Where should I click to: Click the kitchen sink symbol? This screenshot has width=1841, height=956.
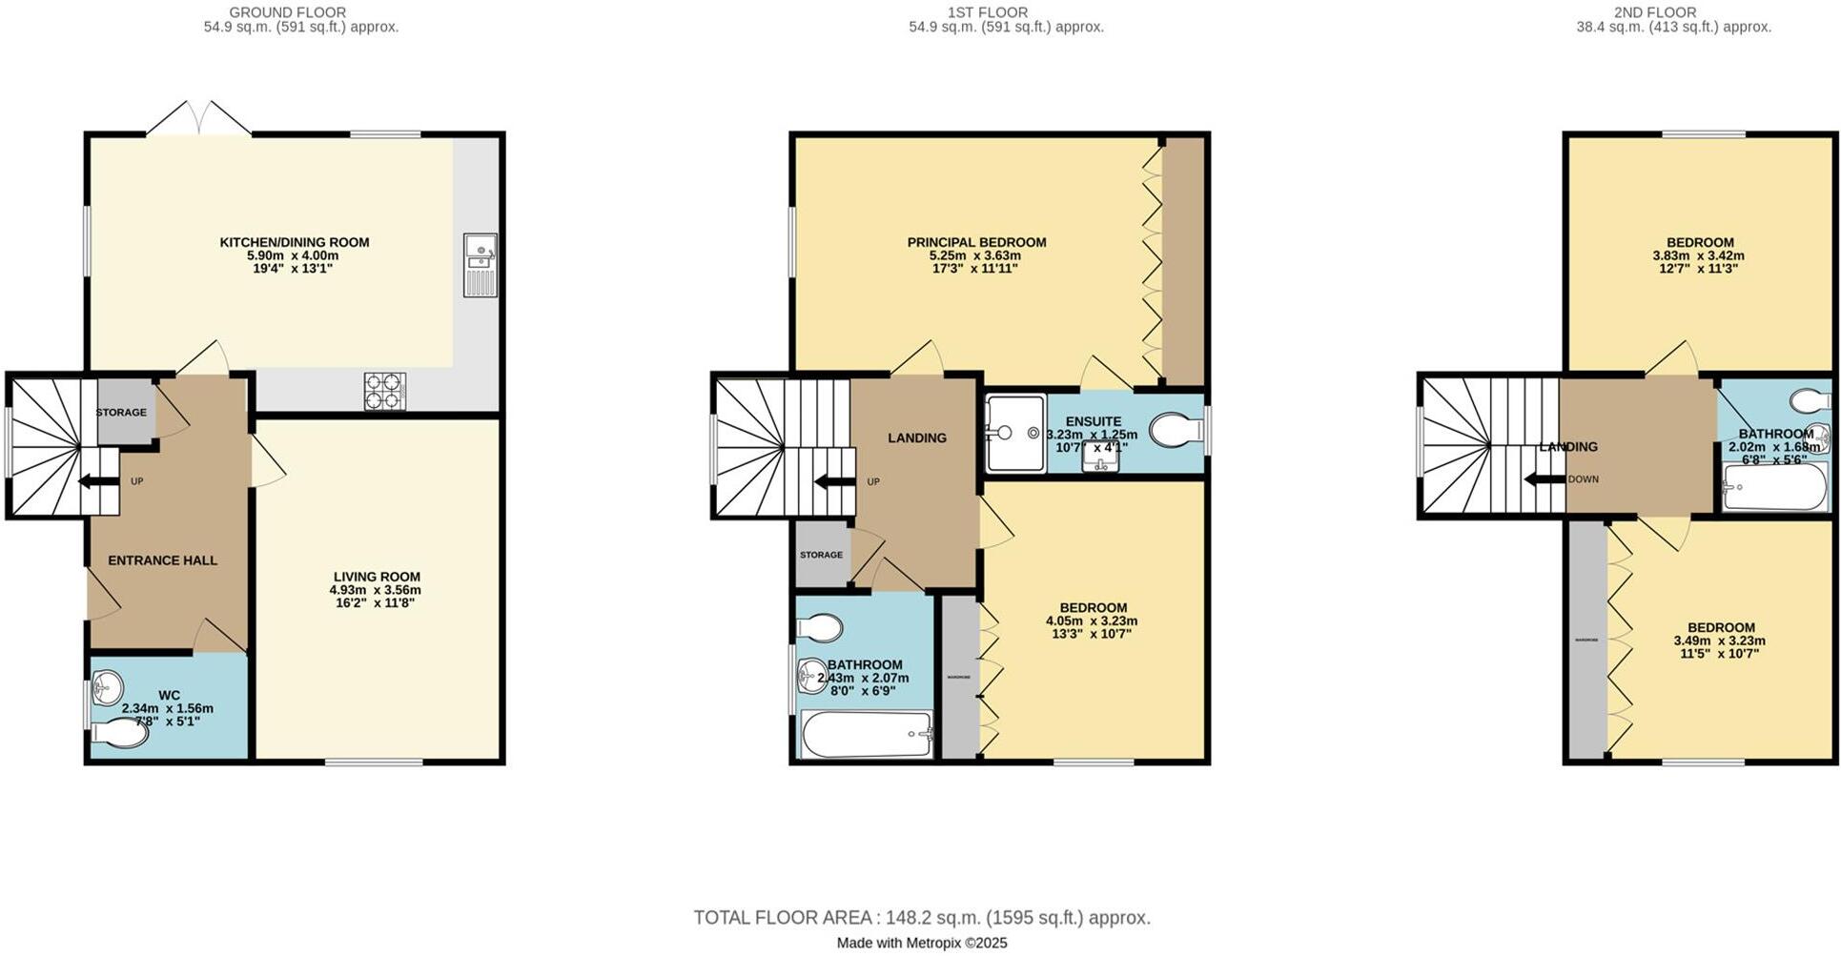coord(480,264)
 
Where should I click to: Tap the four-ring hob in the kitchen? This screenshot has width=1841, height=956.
coord(385,392)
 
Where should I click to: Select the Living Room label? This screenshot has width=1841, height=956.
coord(377,577)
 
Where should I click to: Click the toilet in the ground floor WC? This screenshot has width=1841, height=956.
coord(123,733)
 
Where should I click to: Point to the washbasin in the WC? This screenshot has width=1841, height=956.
coord(107,686)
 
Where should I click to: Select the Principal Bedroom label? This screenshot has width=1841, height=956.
coord(976,242)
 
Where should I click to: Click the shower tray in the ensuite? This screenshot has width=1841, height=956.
coord(1015,433)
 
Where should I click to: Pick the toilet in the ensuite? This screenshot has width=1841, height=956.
coord(1176,431)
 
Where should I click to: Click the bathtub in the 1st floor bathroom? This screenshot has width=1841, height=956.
coord(866,735)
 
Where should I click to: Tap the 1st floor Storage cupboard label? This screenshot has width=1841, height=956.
coord(821,555)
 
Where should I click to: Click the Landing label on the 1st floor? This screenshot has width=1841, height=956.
coord(917,437)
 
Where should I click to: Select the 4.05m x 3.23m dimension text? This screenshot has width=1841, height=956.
coord(1093,620)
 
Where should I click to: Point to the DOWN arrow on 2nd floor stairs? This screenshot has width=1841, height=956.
coord(1544,479)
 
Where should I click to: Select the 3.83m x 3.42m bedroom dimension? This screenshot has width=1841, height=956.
coord(1699,255)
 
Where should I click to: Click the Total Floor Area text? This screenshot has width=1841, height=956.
coord(921,918)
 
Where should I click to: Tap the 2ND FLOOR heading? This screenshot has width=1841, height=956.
coord(1673,12)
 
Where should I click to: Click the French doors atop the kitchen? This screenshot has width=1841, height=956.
coord(199,119)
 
